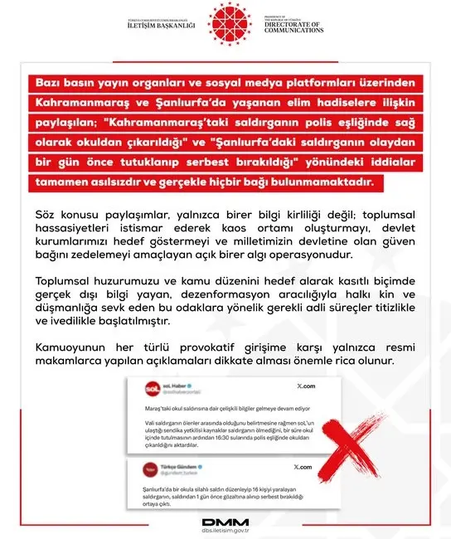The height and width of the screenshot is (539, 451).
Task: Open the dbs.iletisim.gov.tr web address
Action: (225, 530)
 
